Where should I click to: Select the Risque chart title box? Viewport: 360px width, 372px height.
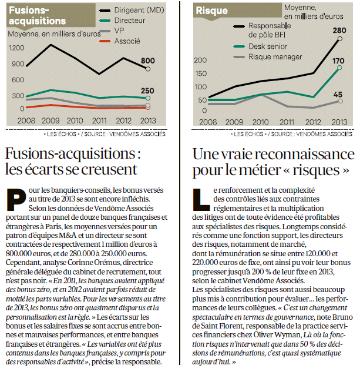(x=212, y=11)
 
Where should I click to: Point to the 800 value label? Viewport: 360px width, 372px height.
(x=148, y=60)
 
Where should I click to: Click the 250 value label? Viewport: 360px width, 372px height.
(x=147, y=91)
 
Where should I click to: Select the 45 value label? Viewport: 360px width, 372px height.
(x=339, y=94)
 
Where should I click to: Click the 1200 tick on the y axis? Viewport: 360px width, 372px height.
(x=16, y=47)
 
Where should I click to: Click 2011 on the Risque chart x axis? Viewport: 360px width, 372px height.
(x=287, y=122)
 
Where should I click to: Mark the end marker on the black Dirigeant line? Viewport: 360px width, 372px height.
(x=148, y=69)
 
